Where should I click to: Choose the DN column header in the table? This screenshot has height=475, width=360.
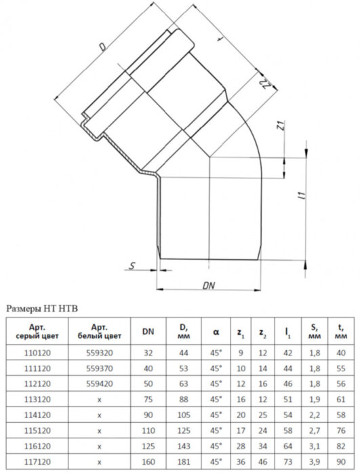pos(147,332)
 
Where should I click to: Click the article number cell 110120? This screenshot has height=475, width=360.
pos(32,353)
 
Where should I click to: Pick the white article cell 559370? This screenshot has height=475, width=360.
pos(98,368)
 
